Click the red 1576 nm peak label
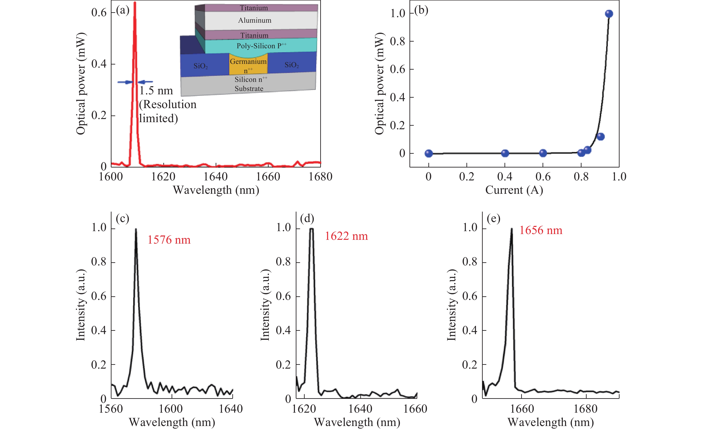[x=169, y=240]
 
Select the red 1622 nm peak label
[x=346, y=236]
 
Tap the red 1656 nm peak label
[x=541, y=230]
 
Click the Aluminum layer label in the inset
[x=255, y=20]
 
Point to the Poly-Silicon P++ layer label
[x=261, y=46]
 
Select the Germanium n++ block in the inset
[x=248, y=65]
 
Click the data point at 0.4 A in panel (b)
[x=505, y=153]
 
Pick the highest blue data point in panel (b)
[x=609, y=14]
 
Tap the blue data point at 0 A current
[x=428, y=153]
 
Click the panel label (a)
[x=123, y=10]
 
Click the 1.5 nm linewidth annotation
[x=156, y=91]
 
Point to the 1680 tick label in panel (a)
[x=320, y=177]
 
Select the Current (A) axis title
[x=514, y=190]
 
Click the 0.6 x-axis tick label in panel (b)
[x=543, y=177]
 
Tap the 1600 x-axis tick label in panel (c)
[x=171, y=409]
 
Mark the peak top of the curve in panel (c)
[x=136, y=229]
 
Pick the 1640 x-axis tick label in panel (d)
[x=360, y=409]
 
